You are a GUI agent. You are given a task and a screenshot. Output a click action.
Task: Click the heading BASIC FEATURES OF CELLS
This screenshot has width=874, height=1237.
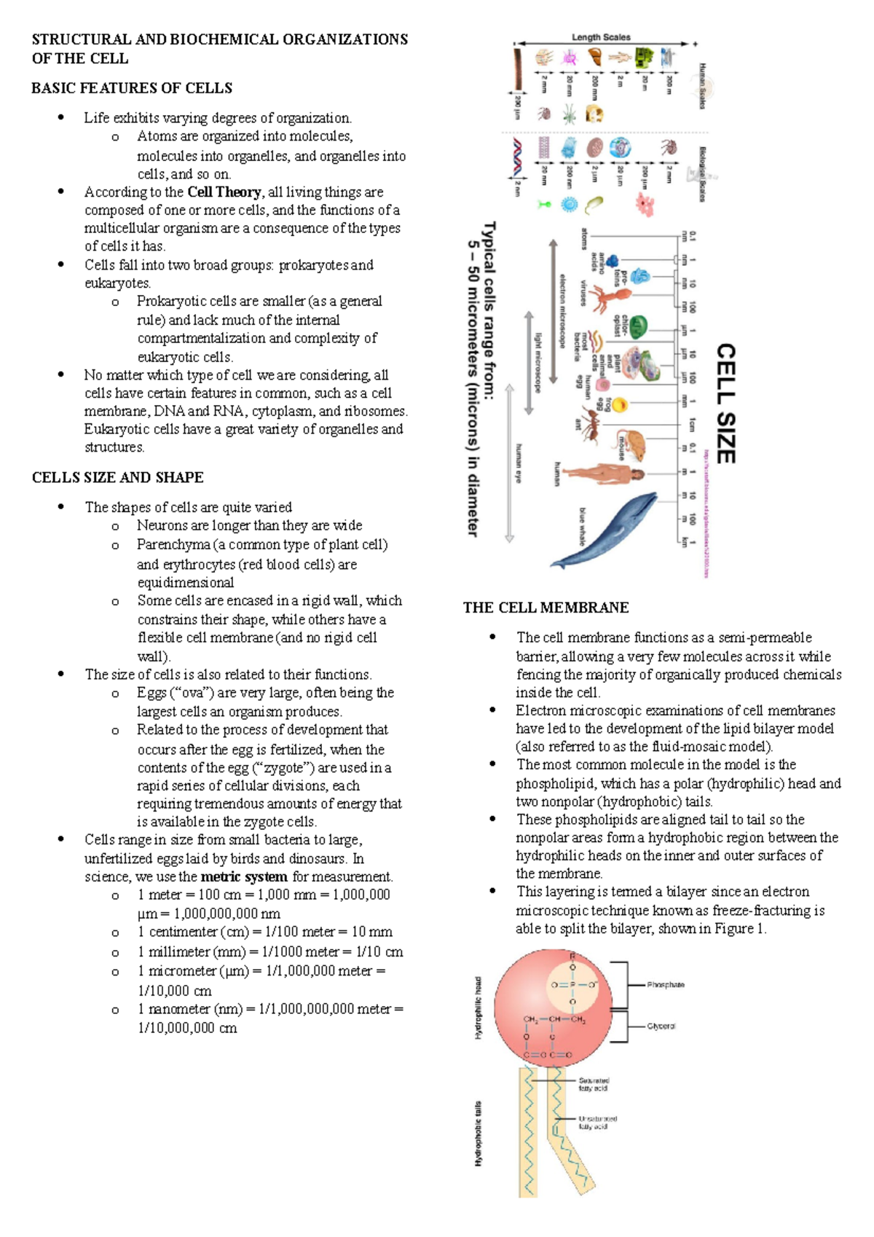tap(132, 88)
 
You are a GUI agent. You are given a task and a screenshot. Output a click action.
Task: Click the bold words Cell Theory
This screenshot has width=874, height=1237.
tap(224, 192)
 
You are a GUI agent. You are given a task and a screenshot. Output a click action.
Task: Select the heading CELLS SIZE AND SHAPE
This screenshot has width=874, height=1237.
tap(118, 478)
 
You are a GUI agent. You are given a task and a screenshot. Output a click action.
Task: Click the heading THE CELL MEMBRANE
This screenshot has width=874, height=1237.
tap(546, 608)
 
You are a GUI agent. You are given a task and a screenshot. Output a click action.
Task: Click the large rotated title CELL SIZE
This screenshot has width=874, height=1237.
tap(726, 404)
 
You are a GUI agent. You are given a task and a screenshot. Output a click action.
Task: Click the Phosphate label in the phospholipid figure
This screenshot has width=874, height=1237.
tap(666, 984)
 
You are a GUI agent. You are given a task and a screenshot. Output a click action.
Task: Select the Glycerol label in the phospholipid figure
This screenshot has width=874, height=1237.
tap(661, 1026)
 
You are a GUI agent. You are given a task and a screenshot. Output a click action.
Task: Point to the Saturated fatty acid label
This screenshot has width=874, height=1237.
tap(594, 1084)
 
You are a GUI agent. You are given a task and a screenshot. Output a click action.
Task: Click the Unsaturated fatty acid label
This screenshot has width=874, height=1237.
tap(597, 1122)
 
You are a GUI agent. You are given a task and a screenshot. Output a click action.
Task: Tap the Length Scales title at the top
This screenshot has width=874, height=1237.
tap(601, 37)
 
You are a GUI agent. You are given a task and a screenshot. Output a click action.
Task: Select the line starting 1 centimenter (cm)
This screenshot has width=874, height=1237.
tap(264, 932)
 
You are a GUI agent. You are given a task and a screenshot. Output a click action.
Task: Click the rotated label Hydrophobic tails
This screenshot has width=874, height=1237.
tap(479, 1133)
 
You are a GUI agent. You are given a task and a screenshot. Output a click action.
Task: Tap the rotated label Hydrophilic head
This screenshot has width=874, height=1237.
tap(479, 1008)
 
